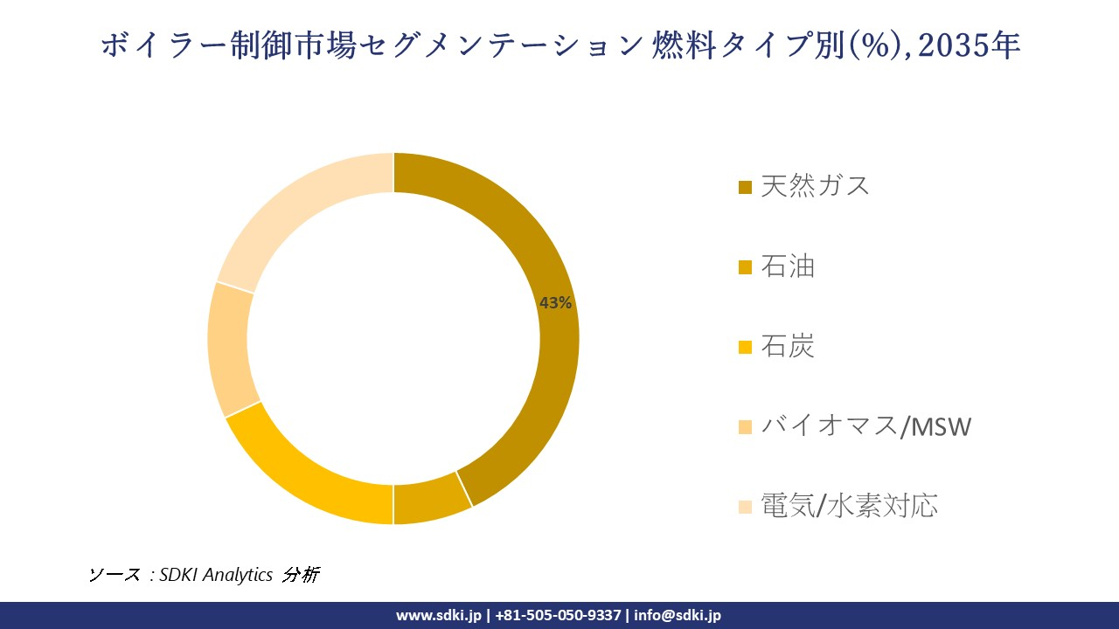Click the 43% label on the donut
(x=555, y=303)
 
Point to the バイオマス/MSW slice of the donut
(x=228, y=349)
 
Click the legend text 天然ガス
(x=815, y=185)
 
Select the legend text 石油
(x=787, y=266)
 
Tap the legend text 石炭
(x=787, y=346)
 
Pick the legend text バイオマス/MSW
(x=865, y=426)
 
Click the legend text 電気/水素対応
(x=849, y=506)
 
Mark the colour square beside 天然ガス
(x=745, y=187)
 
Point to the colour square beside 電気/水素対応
(x=745, y=507)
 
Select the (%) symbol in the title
(x=879, y=45)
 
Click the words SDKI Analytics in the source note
(x=216, y=574)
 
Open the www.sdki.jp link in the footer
(x=438, y=615)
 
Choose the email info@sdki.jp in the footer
(x=678, y=615)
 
